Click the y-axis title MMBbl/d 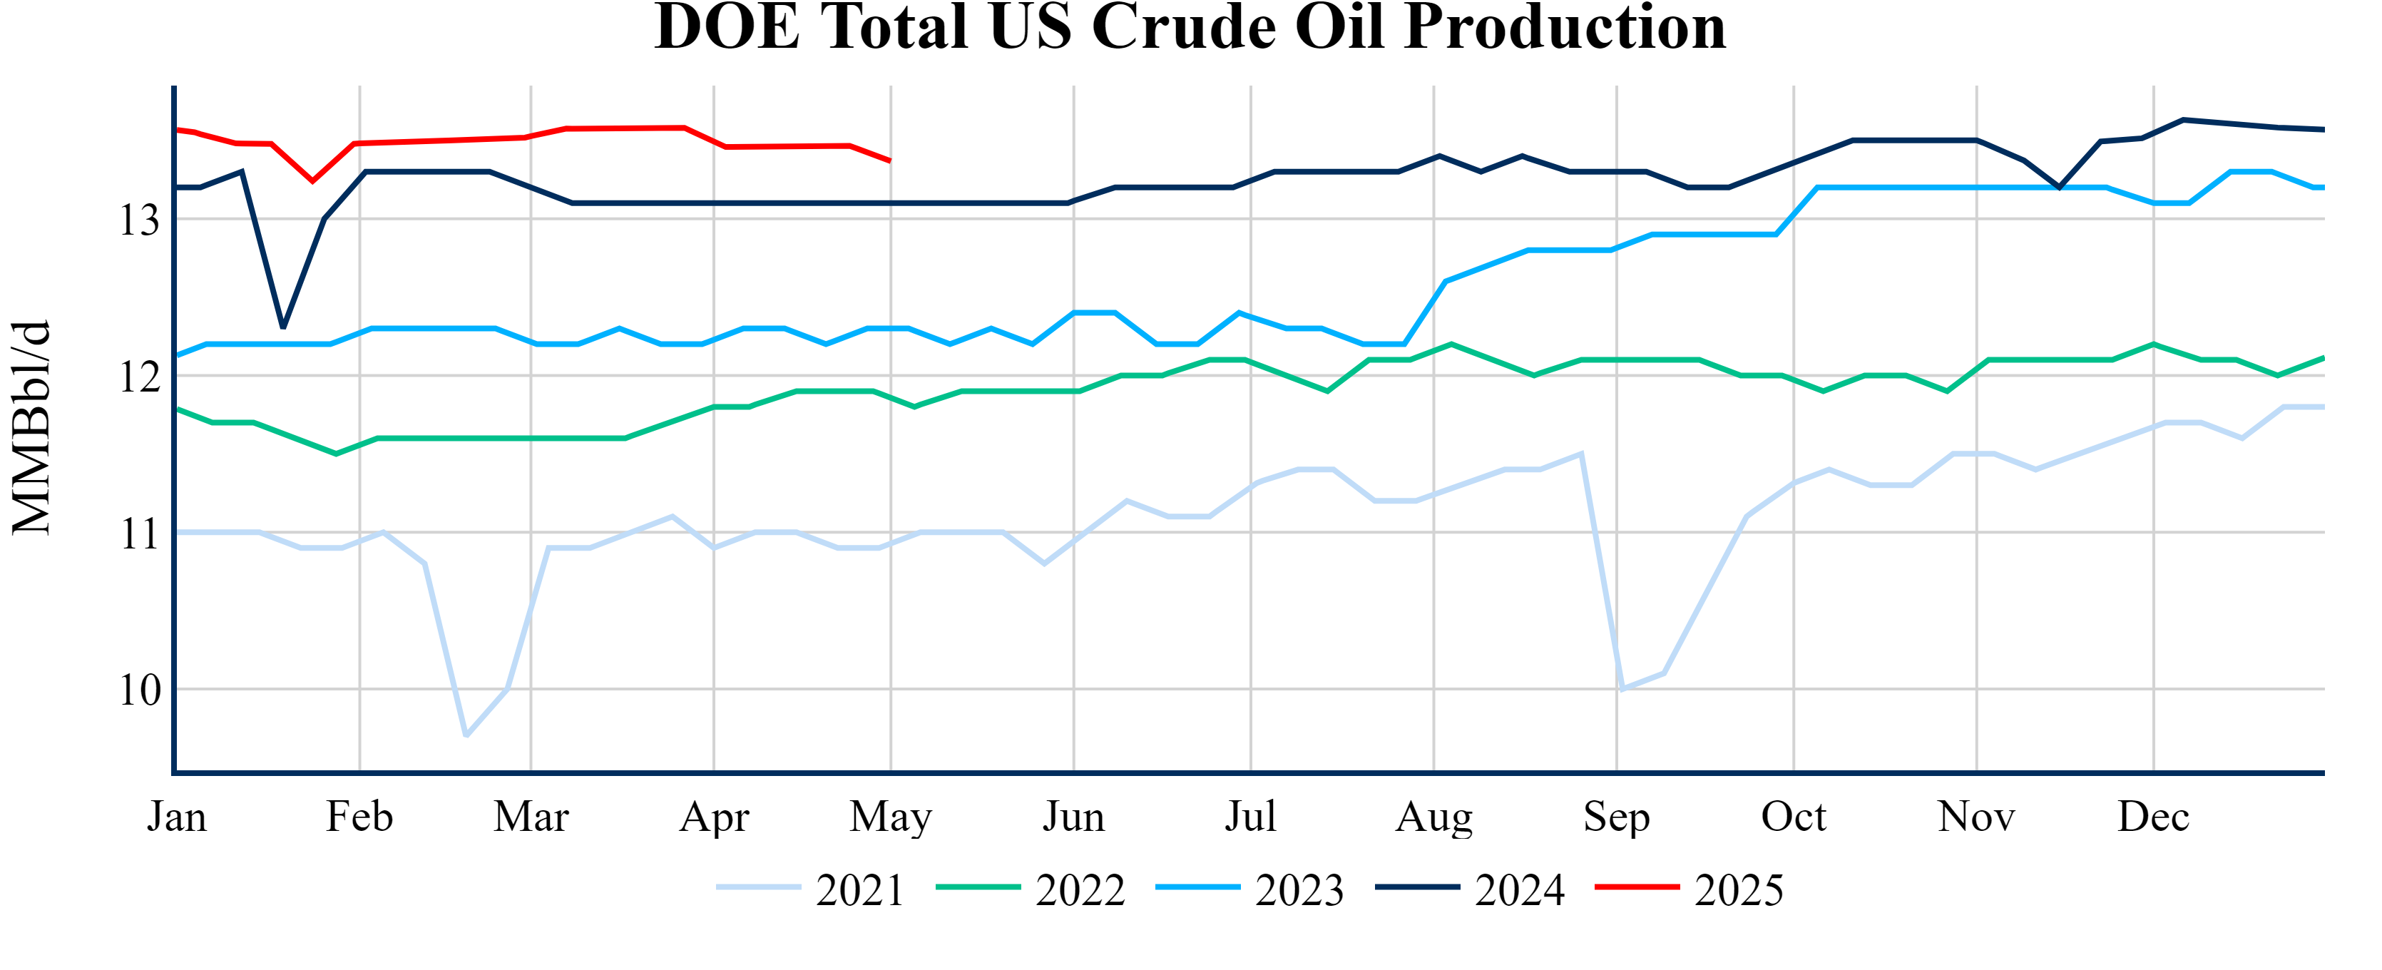coord(31,428)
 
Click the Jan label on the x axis coord(177,817)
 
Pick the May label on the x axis coord(891,817)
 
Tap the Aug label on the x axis coord(1433,817)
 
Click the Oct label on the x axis coord(1793,817)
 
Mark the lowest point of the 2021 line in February coord(466,735)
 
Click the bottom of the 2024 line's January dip coord(283,327)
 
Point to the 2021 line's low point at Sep coord(1622,689)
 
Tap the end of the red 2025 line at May coord(889,161)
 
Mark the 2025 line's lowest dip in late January coord(312,181)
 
